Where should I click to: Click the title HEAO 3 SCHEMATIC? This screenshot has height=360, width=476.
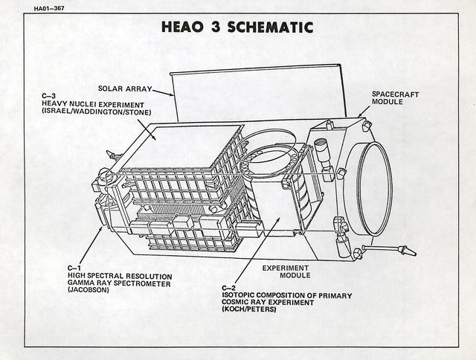point(237,28)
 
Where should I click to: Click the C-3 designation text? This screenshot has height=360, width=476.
point(48,96)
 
